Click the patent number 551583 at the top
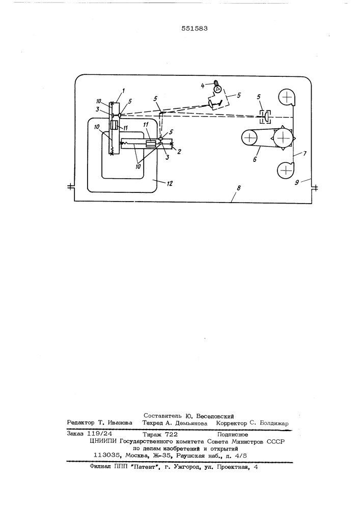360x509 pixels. coord(195,28)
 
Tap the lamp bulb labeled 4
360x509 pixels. coord(216,87)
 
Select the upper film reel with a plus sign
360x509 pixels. coord(287,97)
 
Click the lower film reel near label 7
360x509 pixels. coord(285,169)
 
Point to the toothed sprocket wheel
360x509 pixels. coord(284,138)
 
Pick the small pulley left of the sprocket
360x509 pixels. coord(249,138)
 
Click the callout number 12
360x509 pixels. coord(169,184)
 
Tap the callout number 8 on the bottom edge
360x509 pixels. coord(239,188)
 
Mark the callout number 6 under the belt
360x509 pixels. coord(255,159)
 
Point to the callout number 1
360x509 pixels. coord(124,91)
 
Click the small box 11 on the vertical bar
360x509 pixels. coord(114,125)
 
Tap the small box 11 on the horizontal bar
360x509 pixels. coord(150,143)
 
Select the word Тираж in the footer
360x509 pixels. coord(153,434)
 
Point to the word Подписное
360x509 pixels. coord(233,434)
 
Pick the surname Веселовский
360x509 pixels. coord(215,416)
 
